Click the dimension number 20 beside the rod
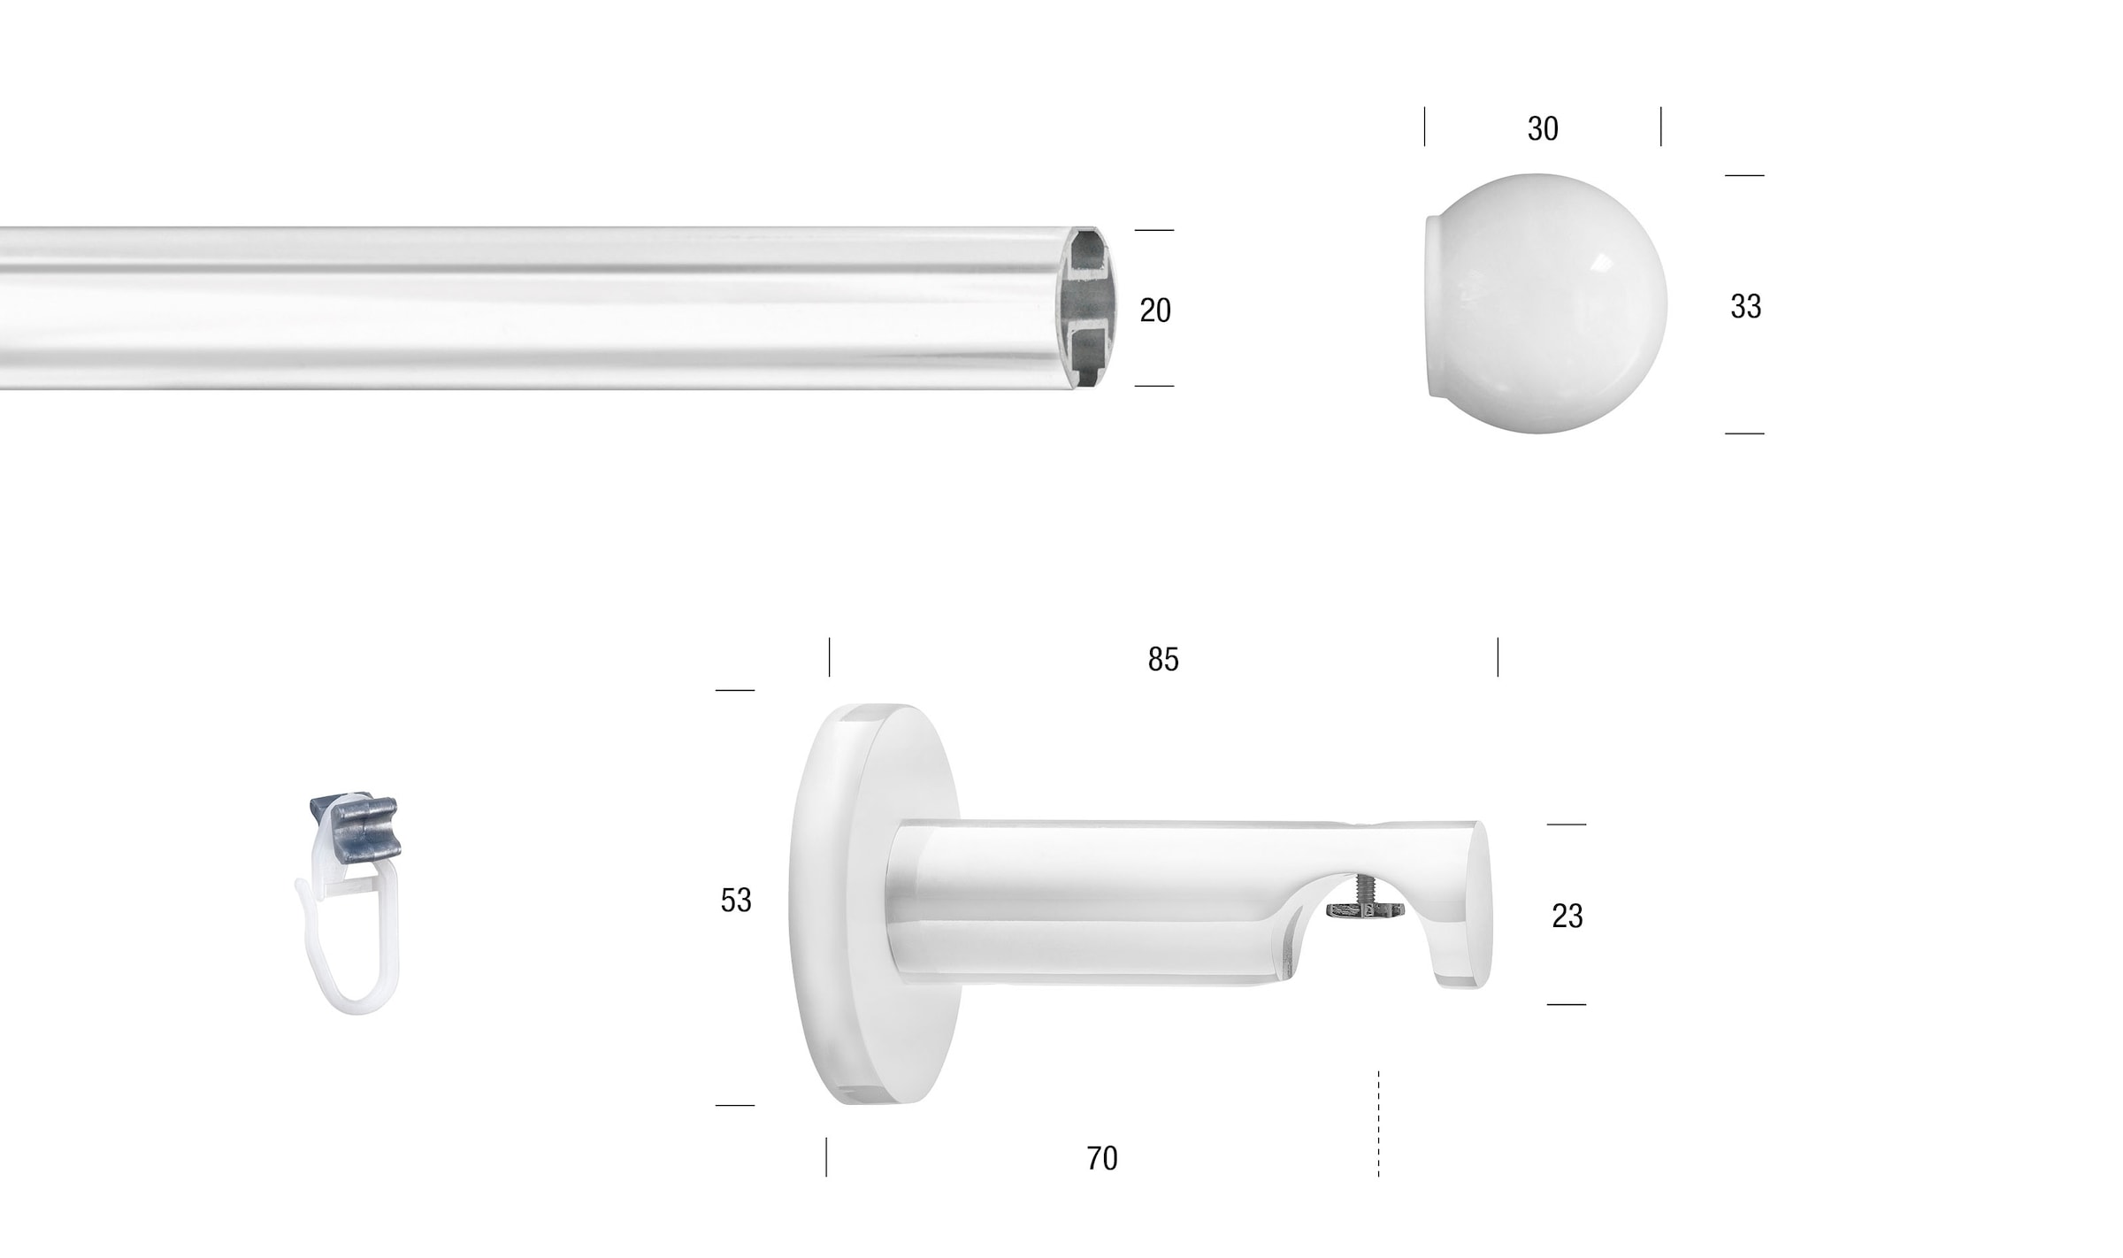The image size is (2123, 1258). click(1154, 311)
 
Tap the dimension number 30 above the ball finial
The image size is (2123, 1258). click(1542, 129)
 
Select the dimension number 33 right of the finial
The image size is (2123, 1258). click(1745, 307)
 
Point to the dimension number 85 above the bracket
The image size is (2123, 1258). click(1163, 660)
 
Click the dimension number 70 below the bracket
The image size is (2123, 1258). click(1102, 1159)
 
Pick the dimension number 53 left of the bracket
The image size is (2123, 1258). click(735, 901)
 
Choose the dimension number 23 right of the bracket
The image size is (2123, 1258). click(1567, 917)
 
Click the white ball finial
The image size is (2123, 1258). click(1566, 303)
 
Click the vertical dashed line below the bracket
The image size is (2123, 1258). click(1378, 1124)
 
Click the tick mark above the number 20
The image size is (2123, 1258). click(1153, 230)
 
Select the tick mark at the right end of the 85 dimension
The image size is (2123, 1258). click(1498, 657)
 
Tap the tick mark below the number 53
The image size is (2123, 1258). click(734, 1105)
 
